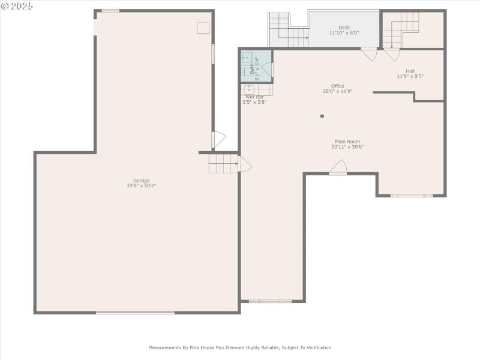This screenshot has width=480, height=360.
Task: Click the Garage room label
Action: [142, 181]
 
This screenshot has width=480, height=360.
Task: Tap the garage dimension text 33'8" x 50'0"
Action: [142, 186]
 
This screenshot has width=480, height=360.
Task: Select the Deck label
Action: [344, 28]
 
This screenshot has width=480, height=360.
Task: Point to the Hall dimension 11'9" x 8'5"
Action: [410, 76]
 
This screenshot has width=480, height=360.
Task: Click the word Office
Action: [338, 86]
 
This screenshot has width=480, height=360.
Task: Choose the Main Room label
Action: [347, 142]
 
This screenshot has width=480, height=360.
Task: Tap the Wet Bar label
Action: [254, 97]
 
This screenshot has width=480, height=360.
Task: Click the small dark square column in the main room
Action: [322, 116]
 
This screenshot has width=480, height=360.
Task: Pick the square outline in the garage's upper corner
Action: [203, 28]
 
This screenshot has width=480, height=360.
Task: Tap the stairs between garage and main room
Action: [223, 163]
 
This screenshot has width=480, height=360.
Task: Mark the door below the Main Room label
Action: [338, 167]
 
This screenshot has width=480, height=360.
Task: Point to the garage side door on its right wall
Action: [218, 140]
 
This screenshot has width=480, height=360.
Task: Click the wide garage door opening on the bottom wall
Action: [135, 312]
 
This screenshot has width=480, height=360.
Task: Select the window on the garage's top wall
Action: [110, 11]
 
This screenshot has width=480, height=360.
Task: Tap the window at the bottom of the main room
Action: [270, 301]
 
